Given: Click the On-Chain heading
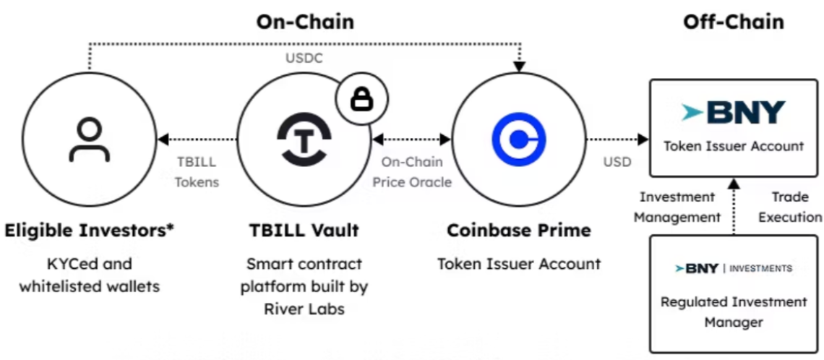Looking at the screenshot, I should [305, 22].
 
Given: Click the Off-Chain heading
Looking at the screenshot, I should [733, 22].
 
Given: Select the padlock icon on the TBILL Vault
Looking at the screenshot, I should [361, 100].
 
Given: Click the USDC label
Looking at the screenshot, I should [304, 59].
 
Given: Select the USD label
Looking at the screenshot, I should [617, 161].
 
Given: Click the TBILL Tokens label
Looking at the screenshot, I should [197, 172].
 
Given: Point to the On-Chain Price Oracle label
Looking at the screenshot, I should [412, 172].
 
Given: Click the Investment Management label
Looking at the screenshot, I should [677, 207].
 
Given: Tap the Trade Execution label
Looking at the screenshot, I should [789, 207].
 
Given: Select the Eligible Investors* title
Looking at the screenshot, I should [90, 231].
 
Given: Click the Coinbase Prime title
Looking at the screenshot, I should [518, 231].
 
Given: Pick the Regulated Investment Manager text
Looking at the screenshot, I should [733, 311].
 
